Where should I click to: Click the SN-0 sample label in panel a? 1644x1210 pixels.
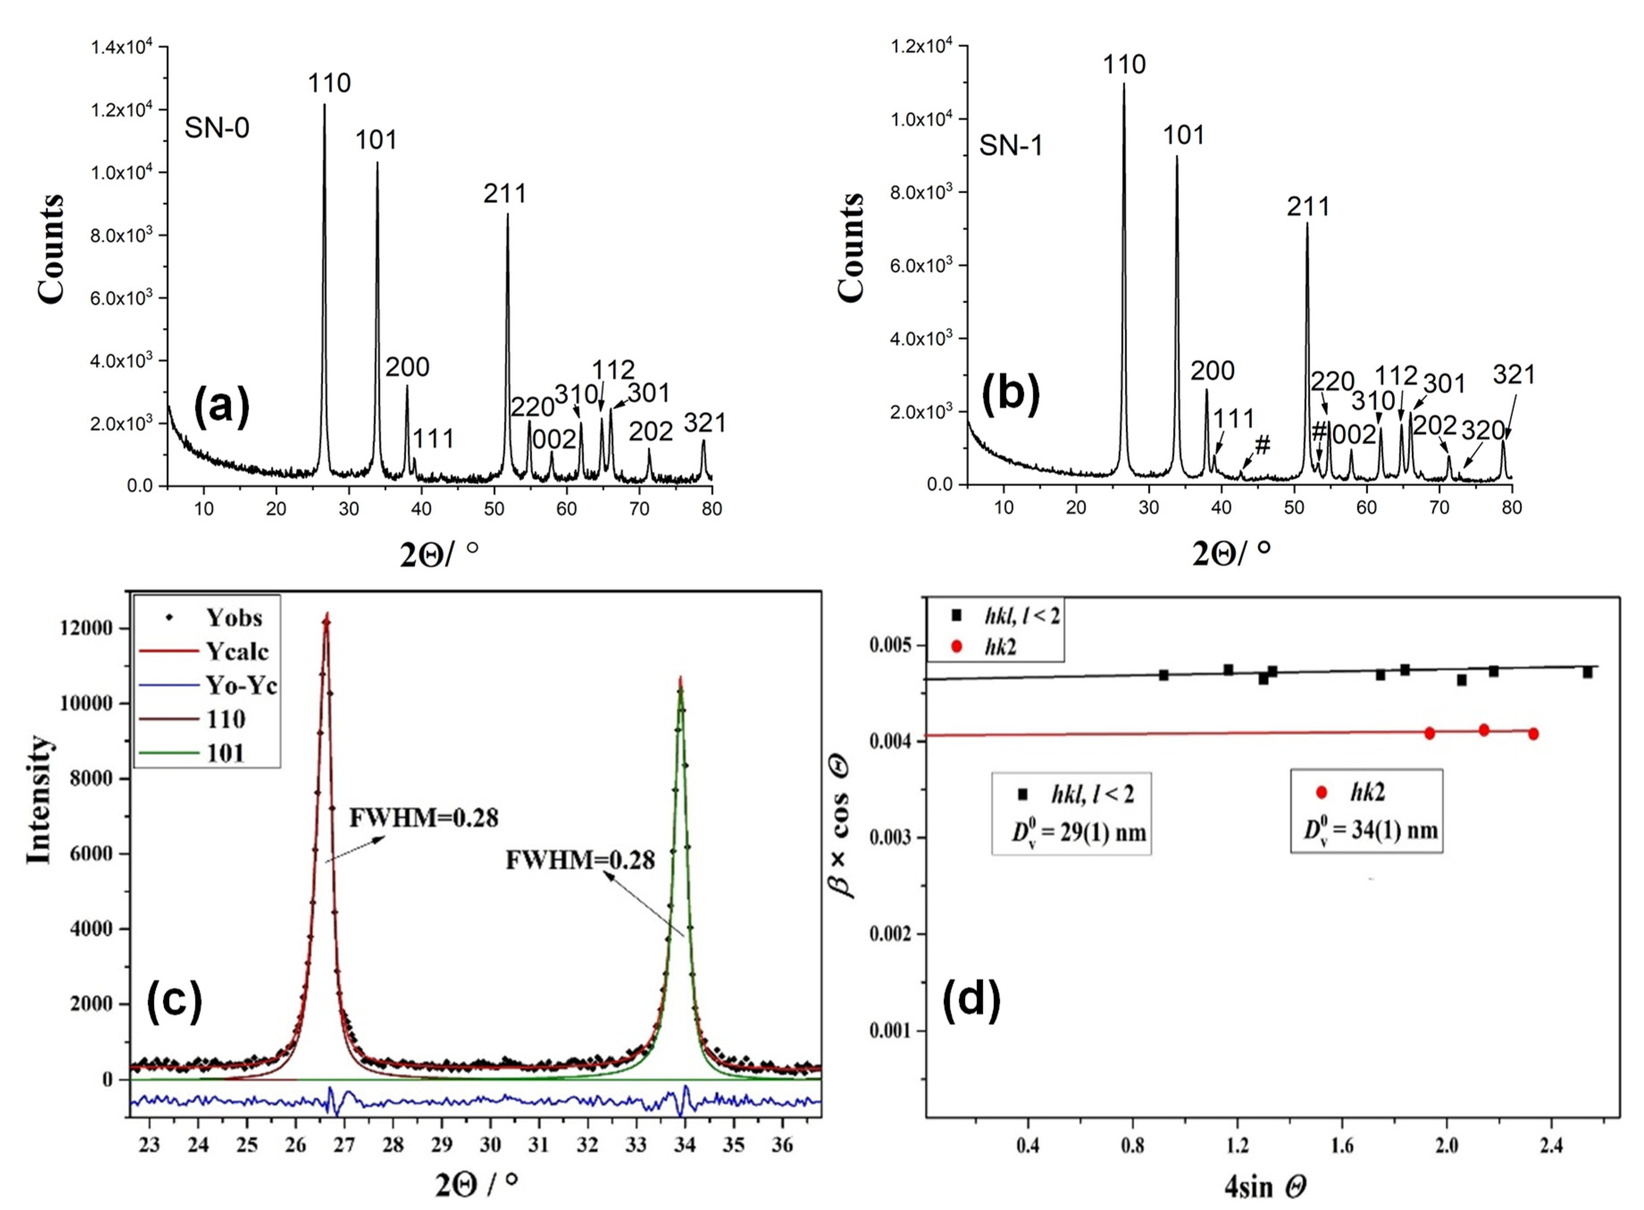(217, 128)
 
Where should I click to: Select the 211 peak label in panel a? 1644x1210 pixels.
(505, 193)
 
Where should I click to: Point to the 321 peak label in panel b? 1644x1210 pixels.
(1514, 375)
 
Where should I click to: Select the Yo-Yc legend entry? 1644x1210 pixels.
(240, 686)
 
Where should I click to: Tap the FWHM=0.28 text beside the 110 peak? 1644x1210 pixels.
(423, 817)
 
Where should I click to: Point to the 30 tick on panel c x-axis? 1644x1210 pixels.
(490, 1145)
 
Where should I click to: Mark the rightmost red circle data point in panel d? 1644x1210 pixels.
(1533, 734)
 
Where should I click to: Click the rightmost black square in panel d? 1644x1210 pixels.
(1588, 672)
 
